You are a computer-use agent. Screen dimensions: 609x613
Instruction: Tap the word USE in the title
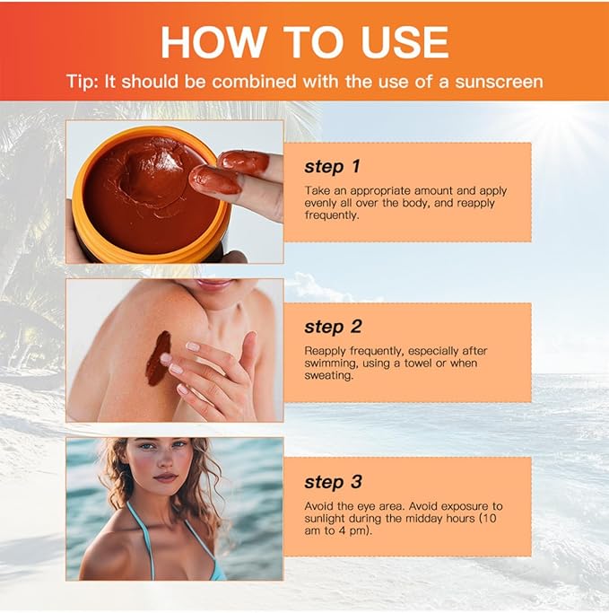coord(405,42)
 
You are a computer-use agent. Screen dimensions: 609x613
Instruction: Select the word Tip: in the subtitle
coord(83,82)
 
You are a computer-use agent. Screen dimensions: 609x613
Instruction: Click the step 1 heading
coord(332,167)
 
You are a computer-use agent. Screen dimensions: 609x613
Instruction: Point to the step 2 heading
coord(333,327)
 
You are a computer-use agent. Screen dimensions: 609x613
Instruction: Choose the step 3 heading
coord(333,482)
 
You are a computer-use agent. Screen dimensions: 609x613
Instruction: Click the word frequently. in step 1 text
coord(331,215)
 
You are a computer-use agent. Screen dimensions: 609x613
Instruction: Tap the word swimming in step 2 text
coord(330,363)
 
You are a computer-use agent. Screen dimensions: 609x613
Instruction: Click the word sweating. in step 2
coord(328,376)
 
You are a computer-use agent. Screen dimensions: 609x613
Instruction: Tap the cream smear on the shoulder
coord(158,357)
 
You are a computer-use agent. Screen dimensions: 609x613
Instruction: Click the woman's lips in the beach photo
coord(165,477)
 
